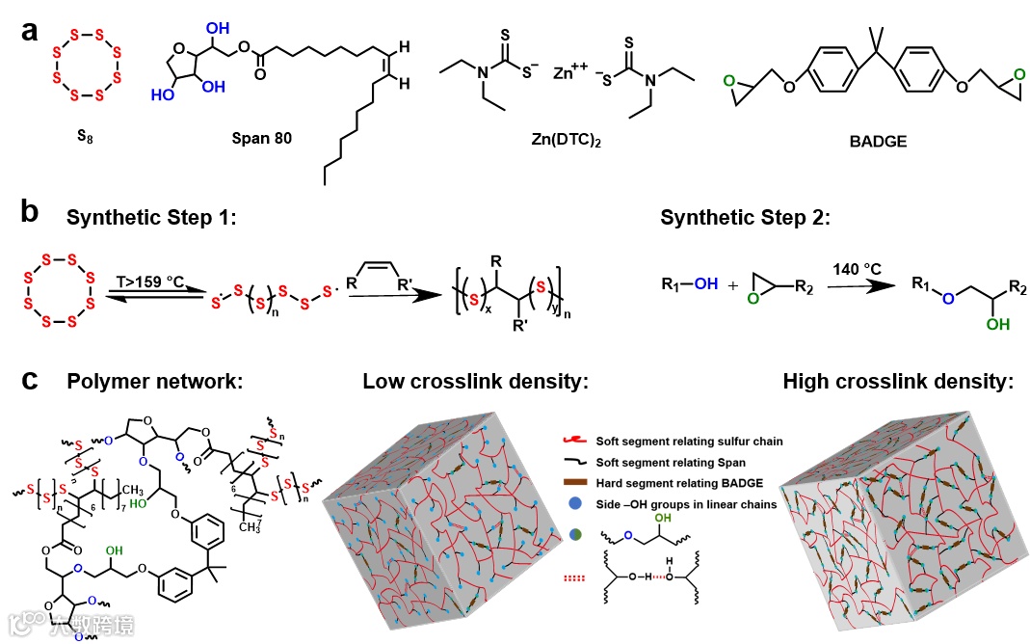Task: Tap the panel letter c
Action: [30, 381]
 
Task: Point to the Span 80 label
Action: [261, 138]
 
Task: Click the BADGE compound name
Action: [878, 140]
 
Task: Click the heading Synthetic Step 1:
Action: [151, 218]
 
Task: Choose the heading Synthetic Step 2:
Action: [745, 218]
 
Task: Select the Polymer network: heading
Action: [154, 382]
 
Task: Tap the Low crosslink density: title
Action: [476, 382]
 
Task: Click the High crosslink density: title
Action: [898, 382]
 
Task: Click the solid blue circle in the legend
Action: [573, 504]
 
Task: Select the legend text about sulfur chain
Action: [689, 441]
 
